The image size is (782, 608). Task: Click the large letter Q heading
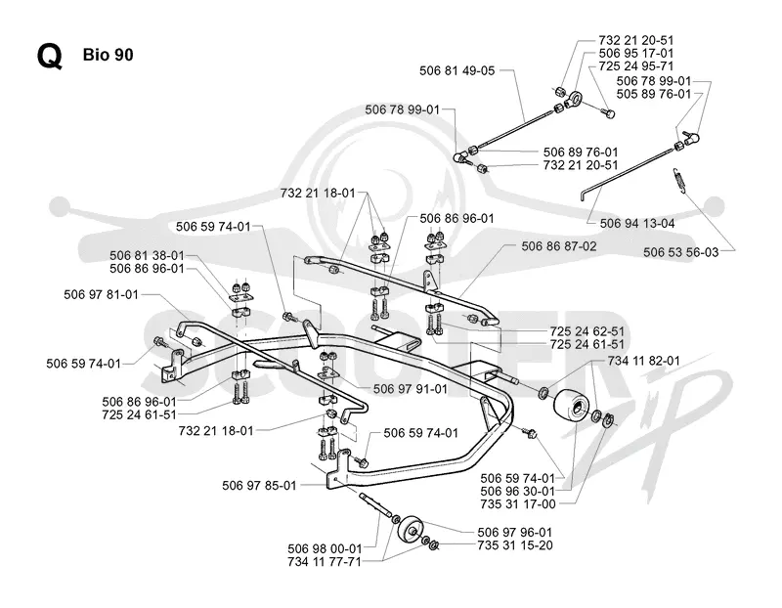click(x=50, y=56)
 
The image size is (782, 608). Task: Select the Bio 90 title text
click(x=109, y=55)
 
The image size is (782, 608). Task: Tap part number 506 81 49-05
click(x=456, y=70)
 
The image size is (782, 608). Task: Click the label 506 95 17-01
click(x=636, y=54)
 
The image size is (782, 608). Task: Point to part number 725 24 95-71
click(x=636, y=66)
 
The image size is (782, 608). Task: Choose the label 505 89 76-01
click(x=653, y=94)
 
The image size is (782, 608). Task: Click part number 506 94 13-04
click(x=637, y=224)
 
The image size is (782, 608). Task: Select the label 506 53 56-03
click(x=680, y=252)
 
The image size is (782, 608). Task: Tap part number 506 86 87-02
click(x=558, y=246)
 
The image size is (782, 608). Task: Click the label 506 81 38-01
click(x=147, y=256)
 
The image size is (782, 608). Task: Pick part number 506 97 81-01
click(x=101, y=295)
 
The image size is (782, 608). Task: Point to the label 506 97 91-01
click(x=410, y=389)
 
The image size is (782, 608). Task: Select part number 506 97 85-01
click(x=259, y=485)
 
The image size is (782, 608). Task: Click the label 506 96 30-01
click(x=517, y=492)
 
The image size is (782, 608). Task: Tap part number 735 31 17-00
click(x=517, y=504)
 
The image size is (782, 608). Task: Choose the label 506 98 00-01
click(x=325, y=549)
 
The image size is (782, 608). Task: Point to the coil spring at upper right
click(x=678, y=179)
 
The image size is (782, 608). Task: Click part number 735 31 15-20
click(x=515, y=545)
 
